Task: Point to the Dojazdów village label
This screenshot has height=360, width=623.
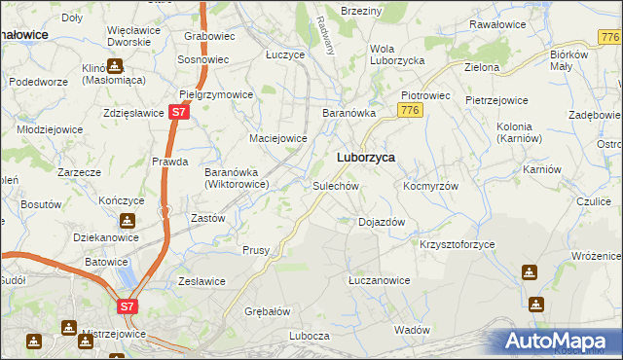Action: coord(382,222)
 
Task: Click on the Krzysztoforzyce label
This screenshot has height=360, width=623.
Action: coord(458,243)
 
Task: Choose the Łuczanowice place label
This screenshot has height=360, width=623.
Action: coord(380,280)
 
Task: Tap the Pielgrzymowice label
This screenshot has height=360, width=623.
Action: coord(216,95)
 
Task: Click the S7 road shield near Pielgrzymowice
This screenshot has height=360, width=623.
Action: coord(177,113)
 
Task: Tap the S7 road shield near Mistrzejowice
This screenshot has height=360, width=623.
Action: coord(128,306)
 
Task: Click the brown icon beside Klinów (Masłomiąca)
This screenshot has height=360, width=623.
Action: coord(115,67)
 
